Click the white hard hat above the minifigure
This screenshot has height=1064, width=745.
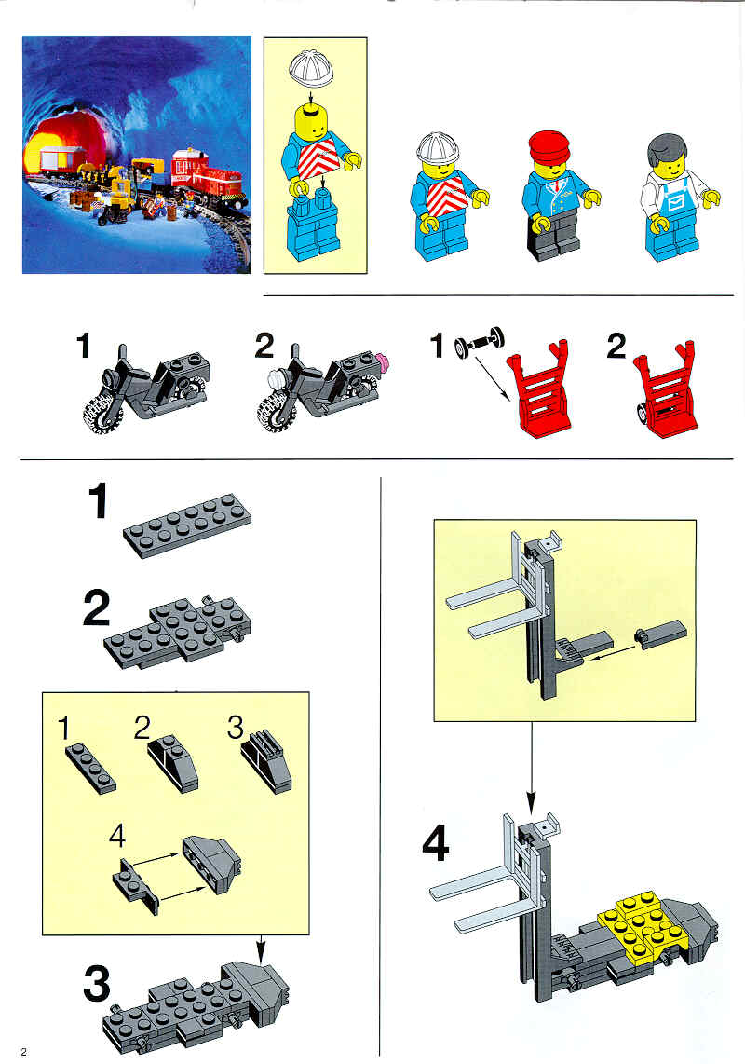click(311, 68)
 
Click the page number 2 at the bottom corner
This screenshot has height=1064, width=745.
click(24, 1052)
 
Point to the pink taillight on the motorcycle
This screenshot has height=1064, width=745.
click(385, 361)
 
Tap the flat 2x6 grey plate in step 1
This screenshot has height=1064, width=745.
click(187, 525)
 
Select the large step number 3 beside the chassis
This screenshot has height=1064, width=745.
click(96, 985)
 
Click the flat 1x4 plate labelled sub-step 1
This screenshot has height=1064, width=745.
click(91, 768)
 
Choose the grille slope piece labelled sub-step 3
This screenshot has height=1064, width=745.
click(266, 760)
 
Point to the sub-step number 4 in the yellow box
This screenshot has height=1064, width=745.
click(117, 836)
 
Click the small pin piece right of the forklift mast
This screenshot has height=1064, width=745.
click(660, 634)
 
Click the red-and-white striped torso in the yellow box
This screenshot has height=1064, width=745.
click(318, 159)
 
